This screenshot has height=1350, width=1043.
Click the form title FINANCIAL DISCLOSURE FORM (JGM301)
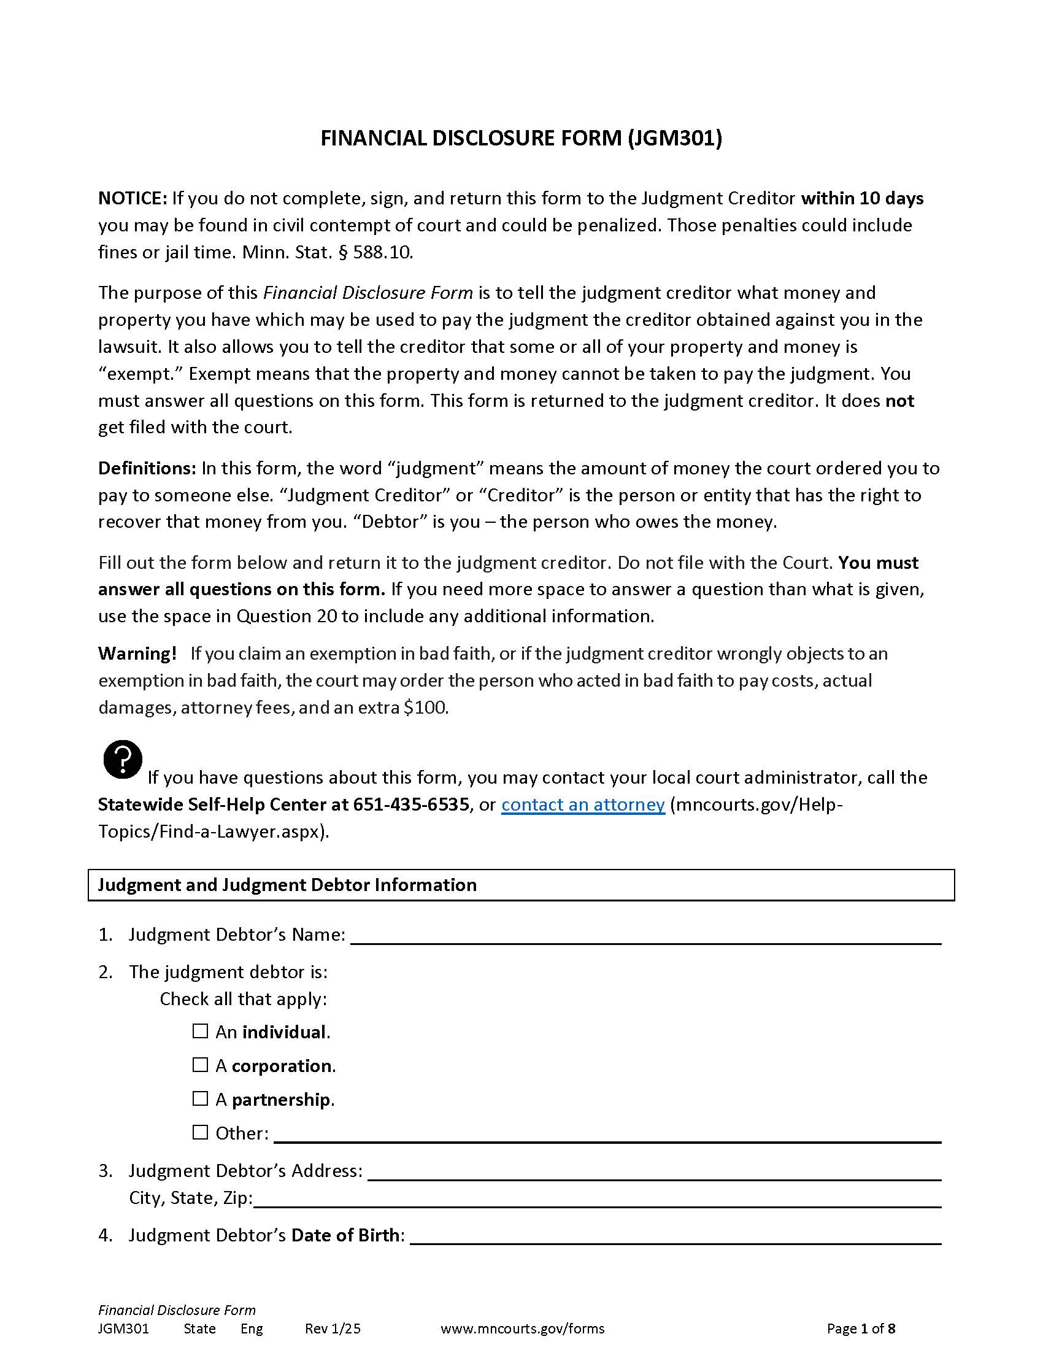tap(521, 138)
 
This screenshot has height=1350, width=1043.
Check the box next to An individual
tap(200, 1031)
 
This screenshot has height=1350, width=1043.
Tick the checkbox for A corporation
tap(200, 1065)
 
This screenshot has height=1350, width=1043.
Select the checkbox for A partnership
tap(200, 1098)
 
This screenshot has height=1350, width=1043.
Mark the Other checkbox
tap(200, 1132)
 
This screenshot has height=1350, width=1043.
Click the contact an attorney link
tap(583, 804)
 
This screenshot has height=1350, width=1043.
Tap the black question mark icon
tap(123, 758)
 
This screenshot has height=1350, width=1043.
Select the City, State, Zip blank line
tap(597, 1198)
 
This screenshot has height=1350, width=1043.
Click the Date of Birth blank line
tap(675, 1235)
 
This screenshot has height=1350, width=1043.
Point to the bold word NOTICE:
tap(133, 198)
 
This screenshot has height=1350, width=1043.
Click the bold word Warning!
tap(137, 654)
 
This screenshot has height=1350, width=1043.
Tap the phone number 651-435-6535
tap(411, 804)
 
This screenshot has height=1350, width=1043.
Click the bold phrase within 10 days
tap(862, 198)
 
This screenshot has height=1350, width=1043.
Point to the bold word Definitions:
tap(147, 468)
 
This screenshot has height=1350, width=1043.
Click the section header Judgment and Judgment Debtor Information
tap(287, 884)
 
